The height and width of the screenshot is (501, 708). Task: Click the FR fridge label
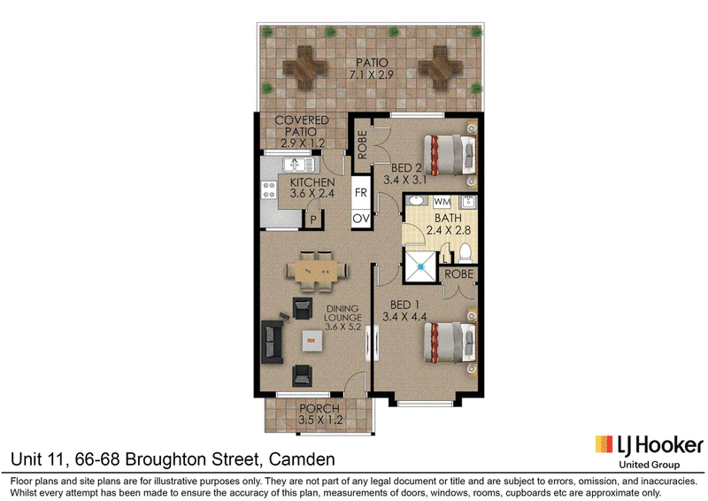pyautogui.click(x=361, y=192)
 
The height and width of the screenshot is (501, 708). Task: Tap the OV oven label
pyautogui.click(x=361, y=220)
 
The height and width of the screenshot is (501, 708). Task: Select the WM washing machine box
pyautogui.click(x=442, y=202)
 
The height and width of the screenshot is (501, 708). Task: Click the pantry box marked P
pyautogui.click(x=313, y=220)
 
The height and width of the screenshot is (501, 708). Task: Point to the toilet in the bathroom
pyautogui.click(x=466, y=253)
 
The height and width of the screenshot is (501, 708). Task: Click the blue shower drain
pyautogui.click(x=421, y=267)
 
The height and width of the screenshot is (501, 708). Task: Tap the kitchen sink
pyautogui.click(x=297, y=165)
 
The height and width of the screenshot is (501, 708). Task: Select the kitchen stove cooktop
pyautogui.click(x=269, y=189)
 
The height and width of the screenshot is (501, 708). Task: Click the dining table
pyautogui.click(x=316, y=271)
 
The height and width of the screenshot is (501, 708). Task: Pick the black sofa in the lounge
pyautogui.click(x=272, y=342)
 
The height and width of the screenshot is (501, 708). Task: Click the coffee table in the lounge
pyautogui.click(x=312, y=341)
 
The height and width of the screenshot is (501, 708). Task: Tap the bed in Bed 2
pyautogui.click(x=450, y=155)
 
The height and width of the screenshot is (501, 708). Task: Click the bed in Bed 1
pyautogui.click(x=450, y=342)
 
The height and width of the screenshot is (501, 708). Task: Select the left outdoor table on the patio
pyautogui.click(x=304, y=68)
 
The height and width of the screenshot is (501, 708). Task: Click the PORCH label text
pyautogui.click(x=319, y=408)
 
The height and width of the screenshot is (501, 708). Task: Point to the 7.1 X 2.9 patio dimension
pyautogui.click(x=372, y=74)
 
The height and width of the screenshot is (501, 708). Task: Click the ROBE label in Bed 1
pyautogui.click(x=458, y=274)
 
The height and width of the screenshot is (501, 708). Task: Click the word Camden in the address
pyautogui.click(x=302, y=459)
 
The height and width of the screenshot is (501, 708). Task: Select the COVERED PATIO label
pyautogui.click(x=302, y=132)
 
